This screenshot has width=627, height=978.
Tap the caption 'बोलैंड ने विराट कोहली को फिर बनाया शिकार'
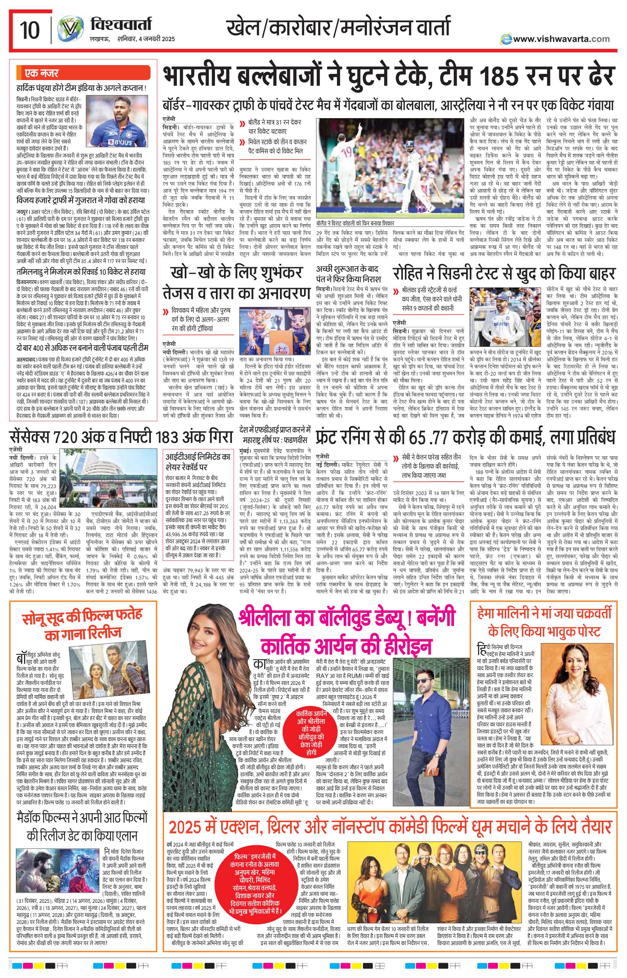pyautogui.click(x=355, y=223)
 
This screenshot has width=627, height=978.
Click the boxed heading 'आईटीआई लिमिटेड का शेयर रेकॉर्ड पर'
pyautogui.click(x=197, y=461)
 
